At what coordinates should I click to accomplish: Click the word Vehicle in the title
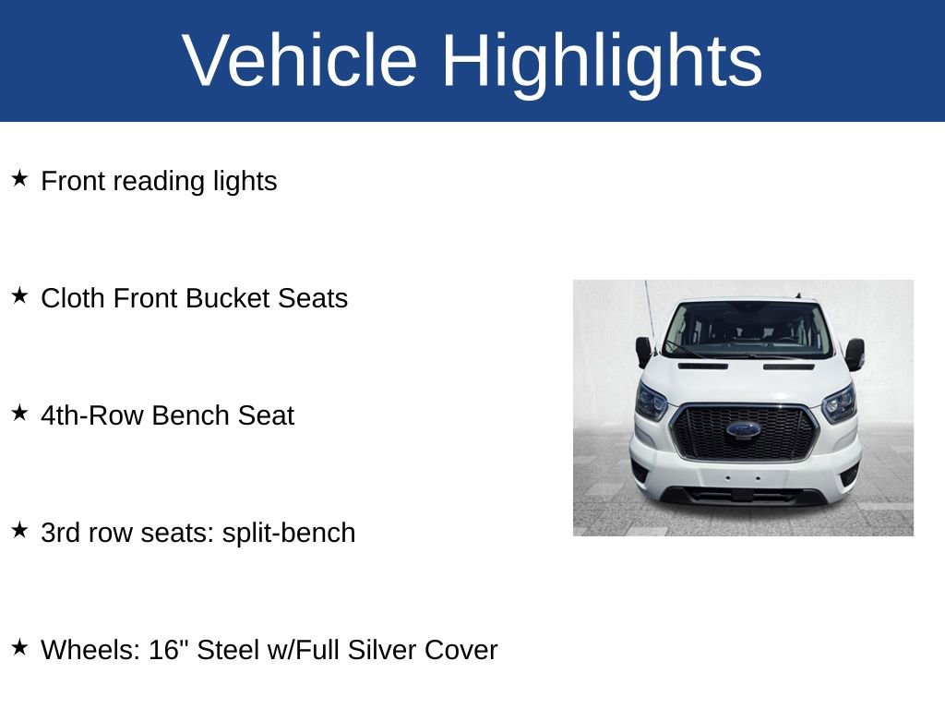coord(300,61)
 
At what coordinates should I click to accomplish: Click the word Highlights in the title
coord(602,61)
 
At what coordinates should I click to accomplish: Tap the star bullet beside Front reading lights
coord(19,178)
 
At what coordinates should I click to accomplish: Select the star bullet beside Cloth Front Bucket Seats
coord(19,295)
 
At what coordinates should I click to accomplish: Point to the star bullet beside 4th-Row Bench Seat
coord(19,413)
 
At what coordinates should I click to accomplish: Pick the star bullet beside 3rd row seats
coord(19,530)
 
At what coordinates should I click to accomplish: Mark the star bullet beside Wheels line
coord(19,647)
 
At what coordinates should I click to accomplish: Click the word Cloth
coord(74,299)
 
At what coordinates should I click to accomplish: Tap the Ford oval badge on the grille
coord(743,429)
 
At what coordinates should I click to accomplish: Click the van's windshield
coord(748,329)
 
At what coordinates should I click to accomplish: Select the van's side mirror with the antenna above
coord(643,351)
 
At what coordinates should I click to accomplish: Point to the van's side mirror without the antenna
coord(855,354)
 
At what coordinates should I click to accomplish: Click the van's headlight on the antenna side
coord(651,403)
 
